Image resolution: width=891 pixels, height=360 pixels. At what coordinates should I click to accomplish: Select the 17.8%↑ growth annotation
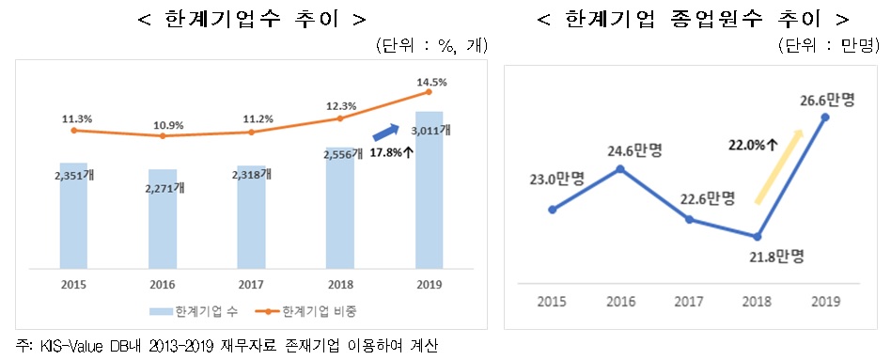pos(392,150)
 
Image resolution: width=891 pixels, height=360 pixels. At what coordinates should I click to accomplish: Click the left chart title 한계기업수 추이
pos(246,19)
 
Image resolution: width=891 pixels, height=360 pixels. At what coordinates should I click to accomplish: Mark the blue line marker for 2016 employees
pos(620,169)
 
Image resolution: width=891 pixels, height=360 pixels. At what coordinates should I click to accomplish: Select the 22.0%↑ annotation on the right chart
pos(753,145)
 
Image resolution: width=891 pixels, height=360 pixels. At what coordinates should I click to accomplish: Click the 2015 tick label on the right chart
pos(551,300)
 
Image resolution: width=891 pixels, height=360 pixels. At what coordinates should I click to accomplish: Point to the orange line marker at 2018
pos(340,118)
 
